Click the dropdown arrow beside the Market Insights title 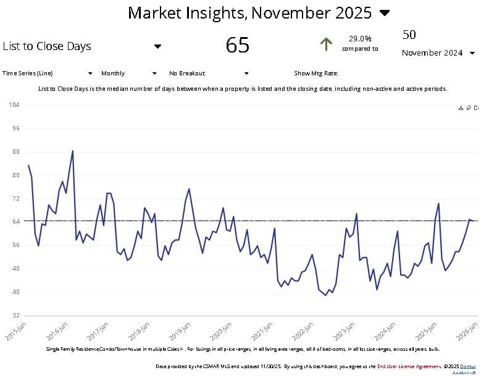[385, 13]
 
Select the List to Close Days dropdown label [47, 46]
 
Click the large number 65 [238, 45]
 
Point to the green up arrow [326, 44]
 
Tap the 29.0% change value [360, 38]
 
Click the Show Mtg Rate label [316, 73]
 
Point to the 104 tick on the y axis [15, 105]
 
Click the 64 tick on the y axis [16, 222]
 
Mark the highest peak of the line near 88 [73, 151]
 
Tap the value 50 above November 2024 [409, 35]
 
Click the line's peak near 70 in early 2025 [438, 203]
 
